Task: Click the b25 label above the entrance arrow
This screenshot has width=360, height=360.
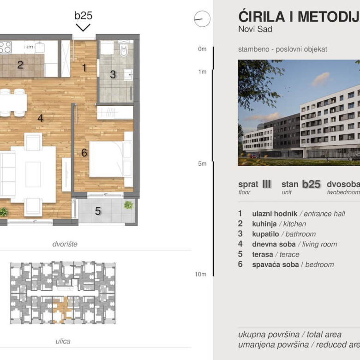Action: coord(83,15)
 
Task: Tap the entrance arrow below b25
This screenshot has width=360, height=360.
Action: coord(83,27)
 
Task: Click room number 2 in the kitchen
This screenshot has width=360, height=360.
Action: coord(20,65)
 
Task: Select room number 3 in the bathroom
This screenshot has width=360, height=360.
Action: coord(113,74)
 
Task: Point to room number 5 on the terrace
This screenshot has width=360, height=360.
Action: coord(97,211)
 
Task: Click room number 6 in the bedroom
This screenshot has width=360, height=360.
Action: coord(84,152)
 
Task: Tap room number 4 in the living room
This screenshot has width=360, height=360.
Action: coord(40,118)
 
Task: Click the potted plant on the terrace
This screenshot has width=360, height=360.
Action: coord(128,205)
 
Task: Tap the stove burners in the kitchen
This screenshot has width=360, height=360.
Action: coord(5,47)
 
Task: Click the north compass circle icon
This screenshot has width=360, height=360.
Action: coord(202,19)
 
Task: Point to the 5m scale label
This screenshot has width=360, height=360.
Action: coord(202,163)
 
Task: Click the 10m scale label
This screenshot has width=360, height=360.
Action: coord(200,274)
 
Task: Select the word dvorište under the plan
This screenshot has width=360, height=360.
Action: coord(65,244)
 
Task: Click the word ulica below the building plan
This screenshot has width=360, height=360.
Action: coord(63,341)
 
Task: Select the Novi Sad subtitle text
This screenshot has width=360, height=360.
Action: coord(255,30)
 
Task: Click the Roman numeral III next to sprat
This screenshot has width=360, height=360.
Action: coord(266,184)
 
